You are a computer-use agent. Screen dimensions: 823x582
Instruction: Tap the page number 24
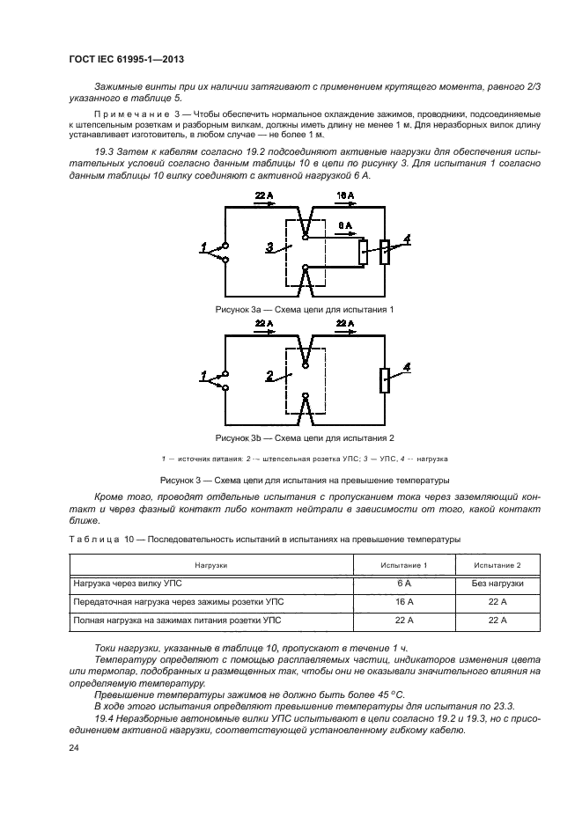click(73, 748)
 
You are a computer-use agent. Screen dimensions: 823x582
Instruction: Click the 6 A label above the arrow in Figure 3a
click(345, 225)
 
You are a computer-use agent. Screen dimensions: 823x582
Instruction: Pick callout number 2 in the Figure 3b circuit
click(269, 376)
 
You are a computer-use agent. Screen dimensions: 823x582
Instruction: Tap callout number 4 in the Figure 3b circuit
click(406, 366)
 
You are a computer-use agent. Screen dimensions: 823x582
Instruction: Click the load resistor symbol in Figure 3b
click(384, 380)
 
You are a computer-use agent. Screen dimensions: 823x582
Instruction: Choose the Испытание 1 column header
click(404, 564)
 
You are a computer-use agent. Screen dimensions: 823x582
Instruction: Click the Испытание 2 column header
click(497, 564)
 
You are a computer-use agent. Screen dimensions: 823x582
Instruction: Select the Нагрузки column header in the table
click(212, 564)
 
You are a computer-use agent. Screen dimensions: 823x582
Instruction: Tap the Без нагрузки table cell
click(497, 584)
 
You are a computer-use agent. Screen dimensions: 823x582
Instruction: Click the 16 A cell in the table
click(404, 602)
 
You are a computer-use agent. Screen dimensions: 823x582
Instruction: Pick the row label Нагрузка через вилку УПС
click(130, 584)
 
